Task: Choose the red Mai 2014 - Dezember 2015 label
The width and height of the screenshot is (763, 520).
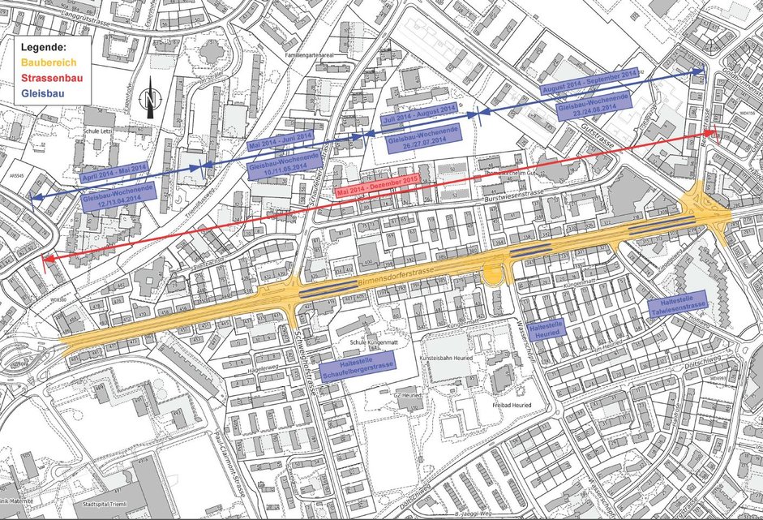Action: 375,186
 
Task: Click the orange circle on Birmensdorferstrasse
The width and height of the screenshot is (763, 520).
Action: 491,277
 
